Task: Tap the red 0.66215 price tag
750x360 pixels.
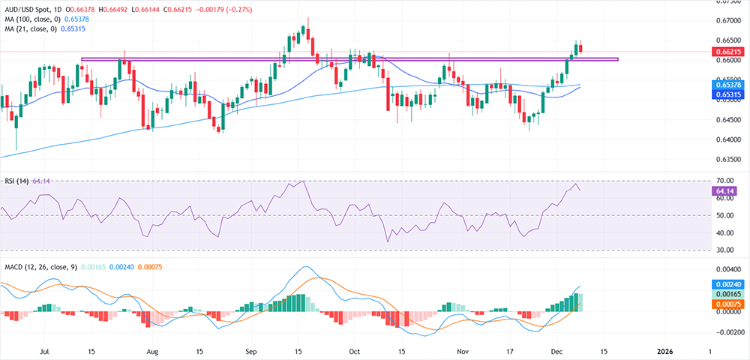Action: [724, 52]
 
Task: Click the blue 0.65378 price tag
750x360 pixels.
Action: [724, 85]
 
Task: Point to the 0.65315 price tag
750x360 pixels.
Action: [724, 95]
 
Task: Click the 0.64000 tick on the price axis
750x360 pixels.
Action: [724, 139]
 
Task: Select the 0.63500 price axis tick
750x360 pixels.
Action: [724, 160]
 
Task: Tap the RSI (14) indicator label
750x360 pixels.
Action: [17, 181]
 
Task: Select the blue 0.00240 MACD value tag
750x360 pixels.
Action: [724, 285]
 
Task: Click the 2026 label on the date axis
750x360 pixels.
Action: [664, 350]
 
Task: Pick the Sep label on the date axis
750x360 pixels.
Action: [251, 350]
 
